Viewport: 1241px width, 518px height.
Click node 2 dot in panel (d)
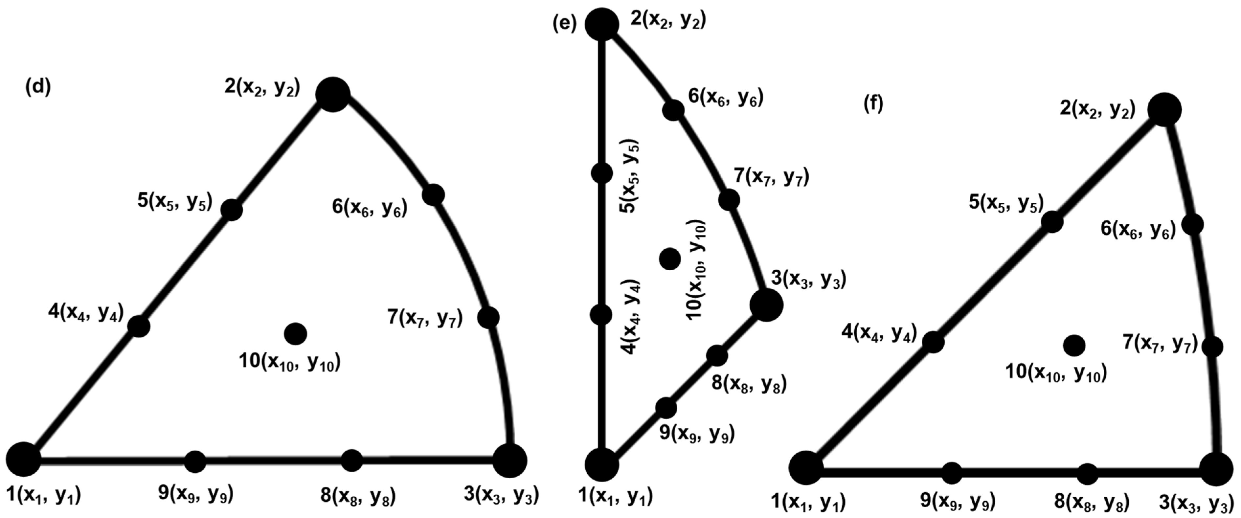332,95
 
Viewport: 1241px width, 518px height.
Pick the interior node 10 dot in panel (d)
295,333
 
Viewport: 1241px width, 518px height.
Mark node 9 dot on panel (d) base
195,462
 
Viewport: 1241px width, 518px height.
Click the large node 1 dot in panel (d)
23,459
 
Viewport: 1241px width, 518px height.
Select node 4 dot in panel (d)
139,326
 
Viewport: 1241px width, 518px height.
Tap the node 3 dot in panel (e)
766,305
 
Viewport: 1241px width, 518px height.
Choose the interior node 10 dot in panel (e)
670,259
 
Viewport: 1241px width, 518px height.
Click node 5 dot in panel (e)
602,173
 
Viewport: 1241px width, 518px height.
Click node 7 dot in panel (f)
1212,346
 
